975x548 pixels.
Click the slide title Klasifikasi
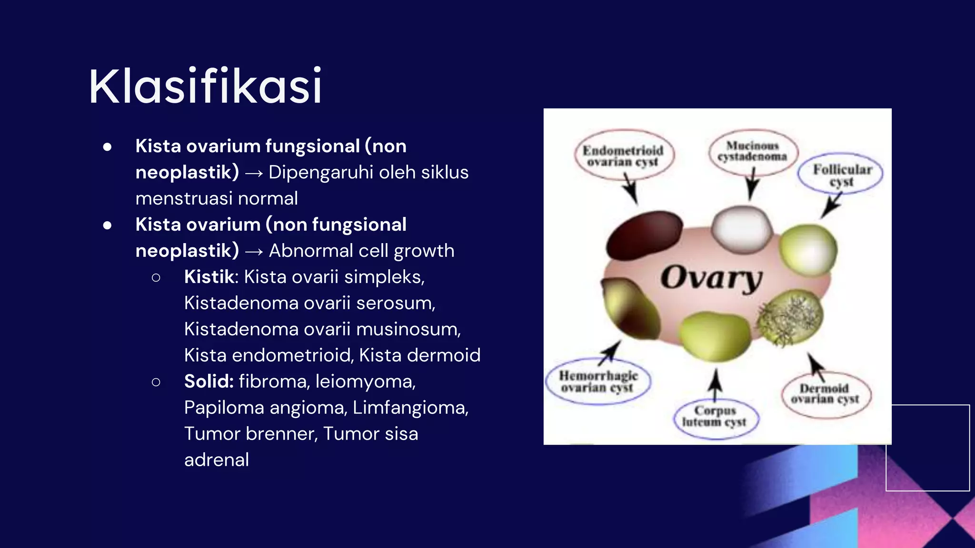(x=206, y=86)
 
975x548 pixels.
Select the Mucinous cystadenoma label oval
(x=752, y=151)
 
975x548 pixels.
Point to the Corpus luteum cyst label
(x=715, y=416)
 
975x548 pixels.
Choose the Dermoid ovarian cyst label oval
(x=825, y=394)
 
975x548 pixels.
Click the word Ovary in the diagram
(x=712, y=278)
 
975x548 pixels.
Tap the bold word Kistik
(x=209, y=277)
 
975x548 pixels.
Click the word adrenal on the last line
(x=217, y=460)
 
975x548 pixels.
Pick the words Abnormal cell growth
(x=361, y=251)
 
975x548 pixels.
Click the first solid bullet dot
(x=107, y=147)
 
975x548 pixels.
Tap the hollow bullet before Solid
(x=156, y=382)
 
